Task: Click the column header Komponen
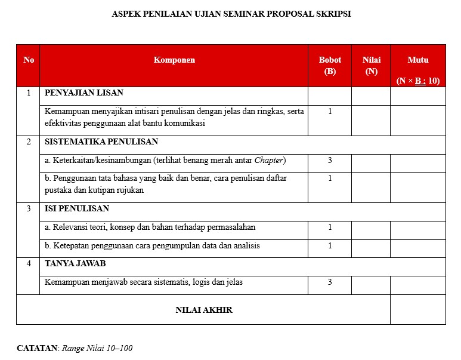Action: click(174, 60)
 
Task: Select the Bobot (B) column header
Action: click(330, 66)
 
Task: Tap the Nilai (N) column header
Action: click(371, 66)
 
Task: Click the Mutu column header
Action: click(417, 60)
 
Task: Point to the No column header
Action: click(29, 60)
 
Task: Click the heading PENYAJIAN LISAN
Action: click(84, 93)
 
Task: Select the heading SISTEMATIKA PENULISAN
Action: click(101, 142)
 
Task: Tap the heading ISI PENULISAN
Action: click(77, 209)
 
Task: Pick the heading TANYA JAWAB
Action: click(75, 263)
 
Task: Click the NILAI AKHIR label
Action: click(204, 310)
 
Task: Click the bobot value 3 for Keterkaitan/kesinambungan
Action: click(330, 160)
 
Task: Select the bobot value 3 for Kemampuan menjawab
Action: click(330, 282)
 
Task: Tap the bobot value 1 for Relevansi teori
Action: click(330, 227)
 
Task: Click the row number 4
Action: click(28, 263)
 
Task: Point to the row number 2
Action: click(28, 142)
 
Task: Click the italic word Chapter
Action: click(269, 160)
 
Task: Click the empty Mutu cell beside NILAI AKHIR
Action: click(417, 310)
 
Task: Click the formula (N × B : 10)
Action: click(417, 81)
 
